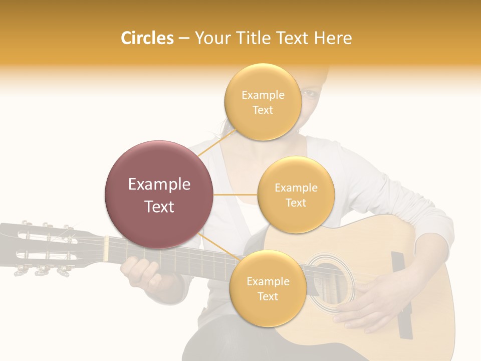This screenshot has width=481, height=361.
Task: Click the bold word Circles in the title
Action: pyautogui.click(x=147, y=38)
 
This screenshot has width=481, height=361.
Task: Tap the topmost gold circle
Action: pyautogui.click(x=263, y=102)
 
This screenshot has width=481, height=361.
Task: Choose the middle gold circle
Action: pyautogui.click(x=296, y=195)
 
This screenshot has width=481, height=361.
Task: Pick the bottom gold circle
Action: pyautogui.click(x=268, y=288)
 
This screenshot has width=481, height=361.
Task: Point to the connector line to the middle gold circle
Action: pyautogui.click(x=235, y=195)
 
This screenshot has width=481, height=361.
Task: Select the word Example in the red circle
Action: pyautogui.click(x=159, y=185)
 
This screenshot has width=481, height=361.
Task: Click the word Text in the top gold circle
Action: pyautogui.click(x=263, y=110)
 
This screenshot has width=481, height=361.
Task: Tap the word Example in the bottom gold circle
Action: pyautogui.click(x=268, y=281)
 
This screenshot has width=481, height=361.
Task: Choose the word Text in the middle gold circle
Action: pyautogui.click(x=296, y=203)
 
